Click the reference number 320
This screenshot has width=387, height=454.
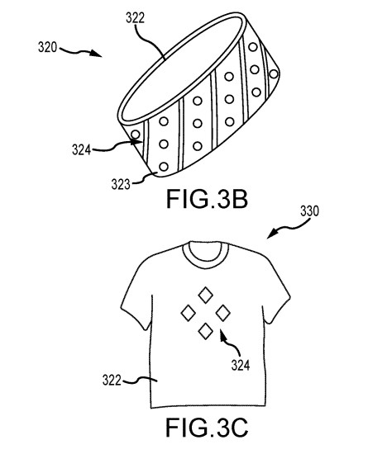tap(48, 47)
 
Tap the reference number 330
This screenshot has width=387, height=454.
tap(309, 211)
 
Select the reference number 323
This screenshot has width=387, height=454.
tap(121, 184)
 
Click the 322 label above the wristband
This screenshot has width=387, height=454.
tap(135, 17)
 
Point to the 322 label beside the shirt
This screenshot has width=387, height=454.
tap(112, 380)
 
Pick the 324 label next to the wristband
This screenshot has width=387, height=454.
tap(82, 149)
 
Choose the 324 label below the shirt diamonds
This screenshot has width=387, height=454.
tap(241, 365)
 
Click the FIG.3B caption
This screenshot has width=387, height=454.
tap(207, 200)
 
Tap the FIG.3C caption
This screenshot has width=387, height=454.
tap(207, 428)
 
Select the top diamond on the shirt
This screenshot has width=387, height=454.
tap(205, 295)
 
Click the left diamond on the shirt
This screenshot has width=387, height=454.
tap(189, 313)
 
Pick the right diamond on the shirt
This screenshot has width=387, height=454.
tap(223, 313)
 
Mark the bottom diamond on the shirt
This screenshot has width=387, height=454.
tap(206, 331)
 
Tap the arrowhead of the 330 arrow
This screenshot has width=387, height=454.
tap(272, 234)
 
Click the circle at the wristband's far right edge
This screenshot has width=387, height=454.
tap(274, 74)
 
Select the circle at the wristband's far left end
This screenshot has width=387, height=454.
tap(136, 135)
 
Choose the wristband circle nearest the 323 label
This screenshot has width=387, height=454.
tap(164, 167)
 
